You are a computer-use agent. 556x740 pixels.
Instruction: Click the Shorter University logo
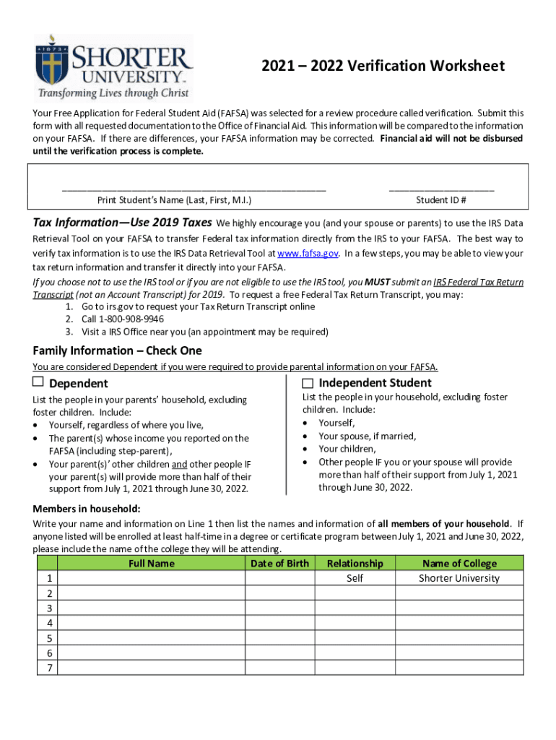coord(113,66)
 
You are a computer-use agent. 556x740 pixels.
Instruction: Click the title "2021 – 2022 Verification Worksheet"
coord(383,66)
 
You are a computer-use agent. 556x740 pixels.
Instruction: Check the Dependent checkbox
coord(38,382)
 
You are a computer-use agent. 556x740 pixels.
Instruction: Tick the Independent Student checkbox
coord(308,382)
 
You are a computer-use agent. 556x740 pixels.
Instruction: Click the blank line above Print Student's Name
coord(194,189)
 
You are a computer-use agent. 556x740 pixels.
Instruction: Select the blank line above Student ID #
coord(440,189)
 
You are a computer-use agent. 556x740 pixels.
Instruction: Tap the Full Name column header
coord(151,563)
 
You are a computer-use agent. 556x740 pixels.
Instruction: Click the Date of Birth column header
coord(279,563)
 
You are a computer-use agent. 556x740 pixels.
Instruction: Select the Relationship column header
coord(355,563)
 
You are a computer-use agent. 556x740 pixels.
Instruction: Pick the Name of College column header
coord(459,563)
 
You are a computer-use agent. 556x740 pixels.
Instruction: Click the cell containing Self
coord(355,578)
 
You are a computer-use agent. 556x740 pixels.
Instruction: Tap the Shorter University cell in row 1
coord(459,578)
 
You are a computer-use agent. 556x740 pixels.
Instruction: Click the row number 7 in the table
coord(48,668)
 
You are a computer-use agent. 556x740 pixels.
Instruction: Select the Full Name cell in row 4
coord(151,623)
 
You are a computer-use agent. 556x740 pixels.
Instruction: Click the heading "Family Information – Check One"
coord(117,350)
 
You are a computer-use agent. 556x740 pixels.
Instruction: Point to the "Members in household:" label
coord(87,509)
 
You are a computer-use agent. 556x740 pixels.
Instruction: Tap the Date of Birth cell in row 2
coord(279,593)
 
